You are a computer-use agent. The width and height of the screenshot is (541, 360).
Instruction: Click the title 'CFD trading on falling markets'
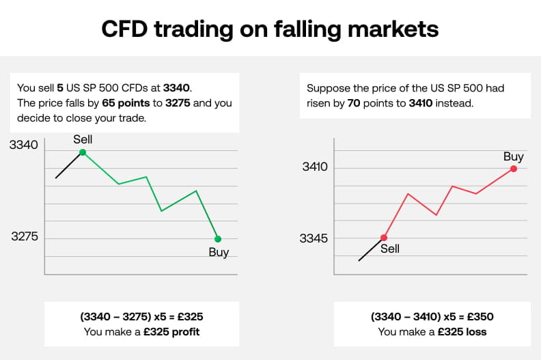coord(270,28)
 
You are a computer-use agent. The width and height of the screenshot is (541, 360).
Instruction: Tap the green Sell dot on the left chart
coord(82,152)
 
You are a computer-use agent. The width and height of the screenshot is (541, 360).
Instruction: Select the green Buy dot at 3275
coord(218,238)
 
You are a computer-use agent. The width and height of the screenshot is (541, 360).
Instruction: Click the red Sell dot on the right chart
coord(383,238)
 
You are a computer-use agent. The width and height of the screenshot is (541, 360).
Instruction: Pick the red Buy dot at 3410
coord(513,169)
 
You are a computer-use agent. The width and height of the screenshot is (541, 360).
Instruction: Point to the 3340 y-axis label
coord(24,145)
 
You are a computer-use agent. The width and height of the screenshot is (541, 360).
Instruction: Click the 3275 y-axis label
coord(24,238)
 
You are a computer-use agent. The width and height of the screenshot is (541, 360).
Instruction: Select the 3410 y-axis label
coord(315,167)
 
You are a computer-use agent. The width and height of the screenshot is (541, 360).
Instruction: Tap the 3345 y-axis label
coord(314,238)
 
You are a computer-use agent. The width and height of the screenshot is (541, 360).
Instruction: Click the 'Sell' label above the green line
coord(82,139)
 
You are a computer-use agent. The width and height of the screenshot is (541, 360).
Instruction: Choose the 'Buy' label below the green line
coord(219,252)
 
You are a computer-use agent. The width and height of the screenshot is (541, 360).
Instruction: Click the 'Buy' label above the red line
coord(513,156)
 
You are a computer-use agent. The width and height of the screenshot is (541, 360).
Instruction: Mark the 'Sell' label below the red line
coord(389,249)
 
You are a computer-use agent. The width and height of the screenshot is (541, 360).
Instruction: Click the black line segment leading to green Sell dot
coord(68,165)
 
